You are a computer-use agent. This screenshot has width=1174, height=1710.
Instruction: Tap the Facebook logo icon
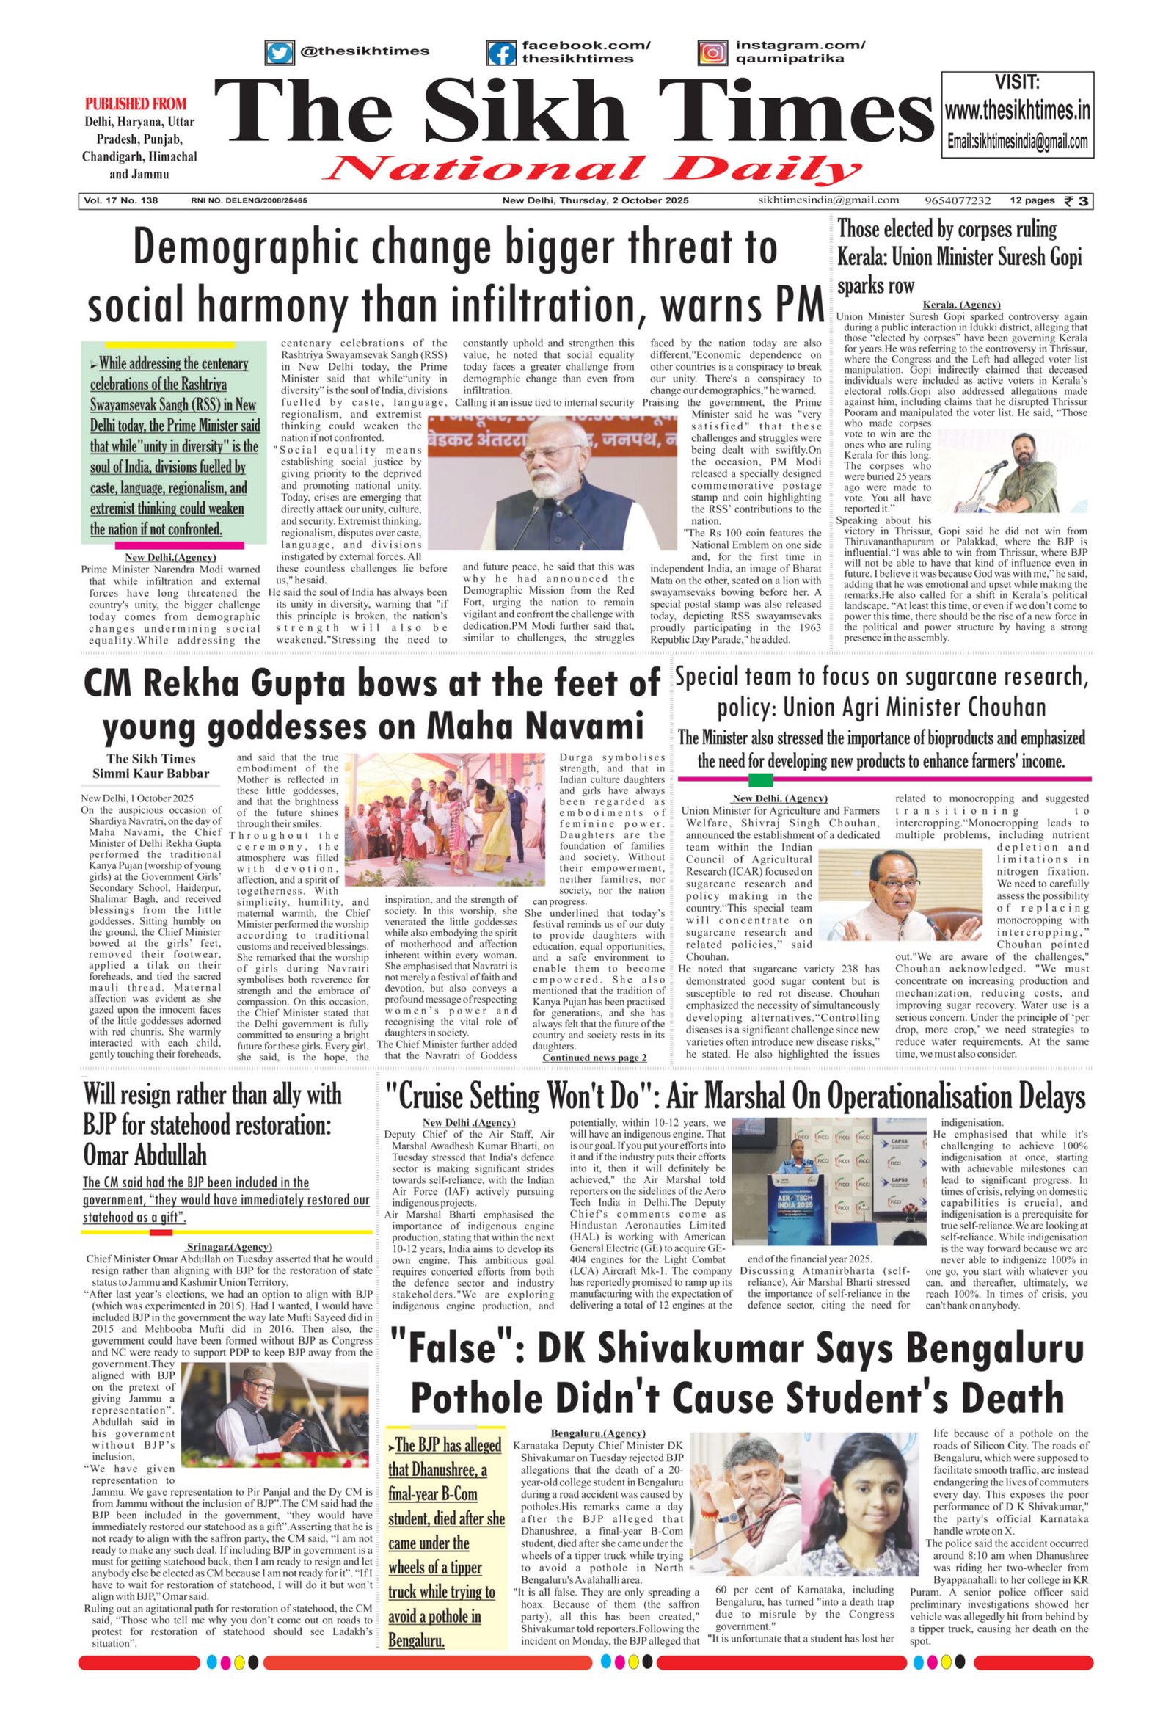(501, 53)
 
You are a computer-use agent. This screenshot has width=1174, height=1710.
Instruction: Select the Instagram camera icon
(712, 53)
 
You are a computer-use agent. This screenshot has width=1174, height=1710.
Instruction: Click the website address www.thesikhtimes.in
(1017, 111)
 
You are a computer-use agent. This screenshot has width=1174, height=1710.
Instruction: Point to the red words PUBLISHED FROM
(136, 103)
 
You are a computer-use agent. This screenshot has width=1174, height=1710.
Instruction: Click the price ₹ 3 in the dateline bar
(1078, 201)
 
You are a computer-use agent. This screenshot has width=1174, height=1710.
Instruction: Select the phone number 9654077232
(958, 201)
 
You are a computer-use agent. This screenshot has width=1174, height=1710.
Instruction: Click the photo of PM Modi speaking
(552, 482)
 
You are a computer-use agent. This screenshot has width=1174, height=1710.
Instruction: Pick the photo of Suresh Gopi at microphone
(1010, 471)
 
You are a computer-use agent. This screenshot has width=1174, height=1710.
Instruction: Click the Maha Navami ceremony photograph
(451, 818)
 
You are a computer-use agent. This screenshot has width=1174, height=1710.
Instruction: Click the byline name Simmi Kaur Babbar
(151, 774)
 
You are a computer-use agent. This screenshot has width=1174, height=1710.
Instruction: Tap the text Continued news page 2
(594, 1058)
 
